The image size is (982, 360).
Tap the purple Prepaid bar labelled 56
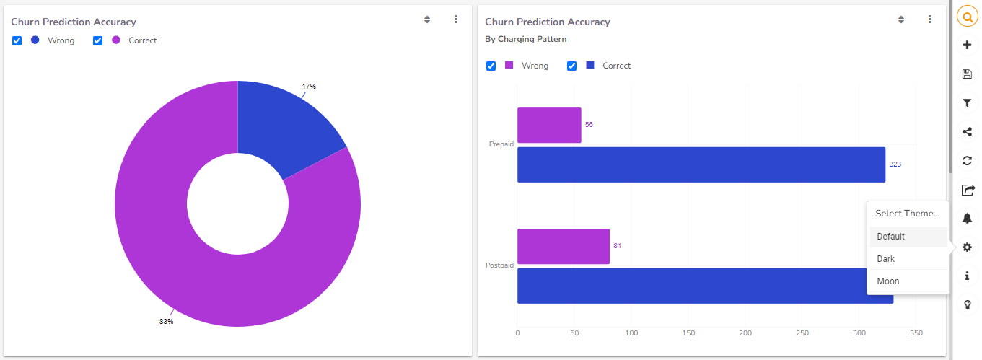tap(549, 125)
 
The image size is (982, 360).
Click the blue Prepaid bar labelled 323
tap(701, 164)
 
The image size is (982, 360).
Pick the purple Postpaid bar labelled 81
tap(563, 246)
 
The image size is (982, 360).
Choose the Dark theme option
tap(886, 259)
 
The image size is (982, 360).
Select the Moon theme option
tap(888, 281)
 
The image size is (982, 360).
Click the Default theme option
tap(891, 237)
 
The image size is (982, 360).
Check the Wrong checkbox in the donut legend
tap(17, 40)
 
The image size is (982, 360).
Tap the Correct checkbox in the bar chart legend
tap(571, 66)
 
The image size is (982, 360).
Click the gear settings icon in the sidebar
tap(968, 247)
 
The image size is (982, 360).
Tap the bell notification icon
tap(968, 219)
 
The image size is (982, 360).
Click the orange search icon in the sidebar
tap(968, 17)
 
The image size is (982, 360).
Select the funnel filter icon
tap(968, 103)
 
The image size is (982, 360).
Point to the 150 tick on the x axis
tap(688, 333)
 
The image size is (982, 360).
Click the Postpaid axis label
tap(499, 265)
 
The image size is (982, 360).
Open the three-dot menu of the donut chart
tap(456, 19)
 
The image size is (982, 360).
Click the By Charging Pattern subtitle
tap(525, 39)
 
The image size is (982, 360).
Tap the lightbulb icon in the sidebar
tap(968, 305)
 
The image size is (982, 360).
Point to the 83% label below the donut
tap(166, 322)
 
